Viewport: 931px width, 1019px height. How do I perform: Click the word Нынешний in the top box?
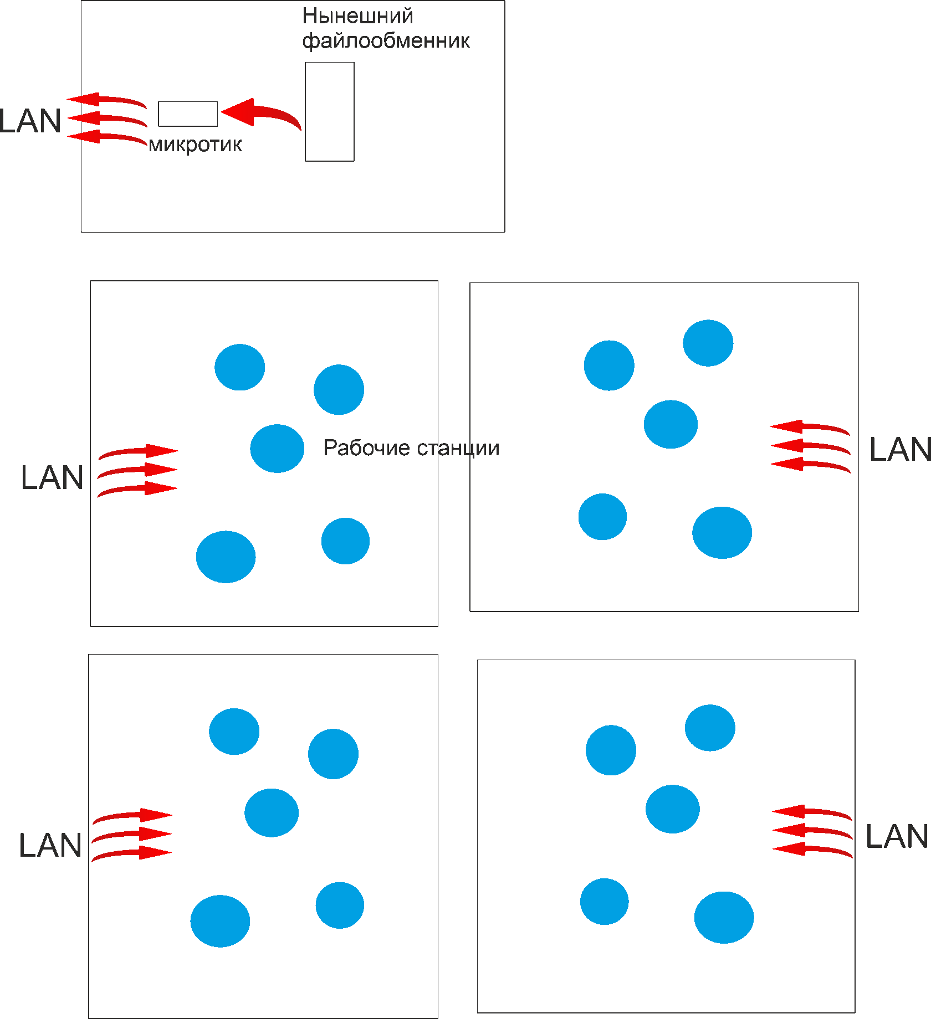357,17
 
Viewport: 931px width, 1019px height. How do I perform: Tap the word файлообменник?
386,41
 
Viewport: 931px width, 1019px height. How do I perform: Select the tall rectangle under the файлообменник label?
330,111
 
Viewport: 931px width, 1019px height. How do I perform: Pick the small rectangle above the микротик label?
188,114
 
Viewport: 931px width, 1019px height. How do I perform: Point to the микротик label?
195,145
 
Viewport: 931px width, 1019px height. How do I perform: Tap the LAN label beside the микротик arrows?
30,121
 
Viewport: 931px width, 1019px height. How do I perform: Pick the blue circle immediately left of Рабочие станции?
277,449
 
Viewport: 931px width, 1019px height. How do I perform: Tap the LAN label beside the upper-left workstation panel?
52,478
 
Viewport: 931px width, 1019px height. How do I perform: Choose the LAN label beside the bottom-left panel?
50,846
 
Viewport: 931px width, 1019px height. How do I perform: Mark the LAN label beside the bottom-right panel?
897,836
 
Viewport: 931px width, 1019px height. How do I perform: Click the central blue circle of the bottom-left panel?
272,812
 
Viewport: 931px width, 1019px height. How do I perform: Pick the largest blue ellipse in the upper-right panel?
722,533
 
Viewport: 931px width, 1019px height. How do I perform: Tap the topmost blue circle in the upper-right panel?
708,343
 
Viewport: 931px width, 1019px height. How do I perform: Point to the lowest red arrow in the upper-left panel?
139,489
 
